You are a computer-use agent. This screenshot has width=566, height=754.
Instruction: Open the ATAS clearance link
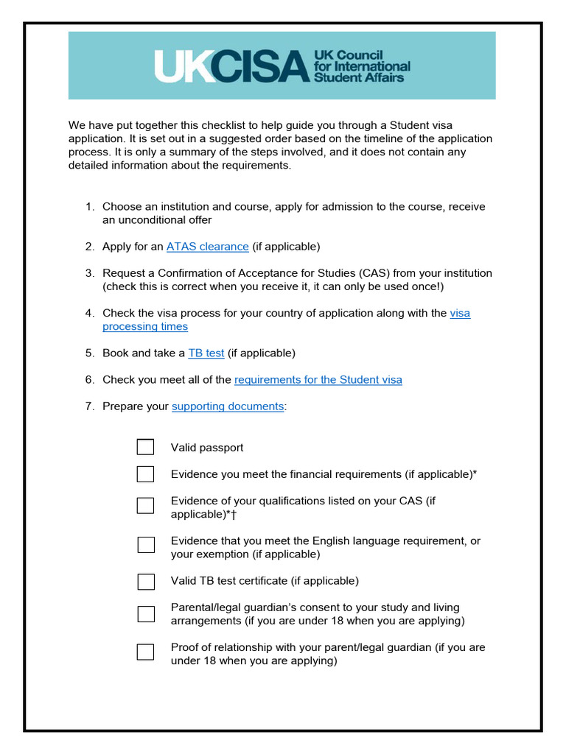(x=207, y=247)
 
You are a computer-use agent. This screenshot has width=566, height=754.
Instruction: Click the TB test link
(x=206, y=353)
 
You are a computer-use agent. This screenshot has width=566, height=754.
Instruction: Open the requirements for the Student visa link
(x=318, y=380)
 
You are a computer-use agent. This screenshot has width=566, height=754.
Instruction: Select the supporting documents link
(x=227, y=406)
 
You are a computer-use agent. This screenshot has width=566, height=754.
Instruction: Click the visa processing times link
(x=145, y=326)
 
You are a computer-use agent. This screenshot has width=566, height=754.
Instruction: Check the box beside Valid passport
(x=145, y=447)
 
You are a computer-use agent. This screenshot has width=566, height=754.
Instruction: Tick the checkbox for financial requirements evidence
(x=145, y=474)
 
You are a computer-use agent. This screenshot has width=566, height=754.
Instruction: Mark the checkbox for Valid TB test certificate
(x=146, y=581)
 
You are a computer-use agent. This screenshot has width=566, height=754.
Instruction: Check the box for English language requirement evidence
(x=146, y=545)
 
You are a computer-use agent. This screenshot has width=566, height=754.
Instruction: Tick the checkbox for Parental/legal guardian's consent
(x=146, y=614)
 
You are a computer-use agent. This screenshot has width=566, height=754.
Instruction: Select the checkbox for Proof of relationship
(x=145, y=652)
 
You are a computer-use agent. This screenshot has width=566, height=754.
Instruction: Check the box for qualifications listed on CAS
(x=145, y=505)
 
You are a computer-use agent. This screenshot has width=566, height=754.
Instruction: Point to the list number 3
(x=89, y=273)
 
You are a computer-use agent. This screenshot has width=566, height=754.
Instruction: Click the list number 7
(x=89, y=406)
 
